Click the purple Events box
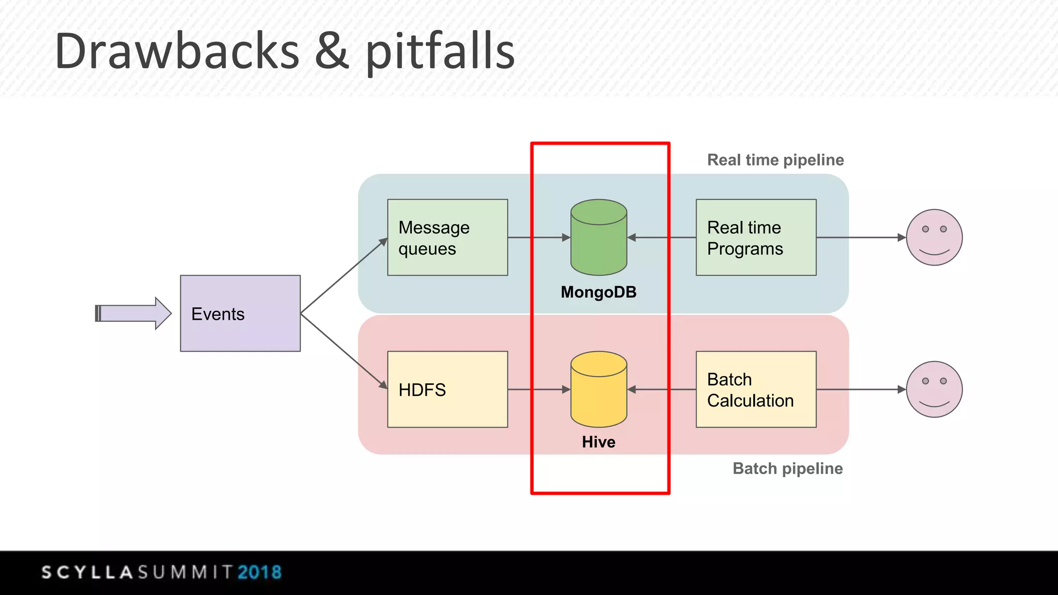240,314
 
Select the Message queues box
447,238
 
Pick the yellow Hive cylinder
599,390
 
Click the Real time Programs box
756,238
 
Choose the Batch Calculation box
756,389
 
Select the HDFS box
447,389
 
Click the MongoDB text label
599,292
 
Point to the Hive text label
599,442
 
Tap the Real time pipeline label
775,160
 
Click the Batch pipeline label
787,468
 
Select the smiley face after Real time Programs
934,238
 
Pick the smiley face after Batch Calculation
934,389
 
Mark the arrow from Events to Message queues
344,276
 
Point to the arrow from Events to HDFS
344,351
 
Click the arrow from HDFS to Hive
538,389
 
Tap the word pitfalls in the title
440,52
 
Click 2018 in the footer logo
259,572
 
